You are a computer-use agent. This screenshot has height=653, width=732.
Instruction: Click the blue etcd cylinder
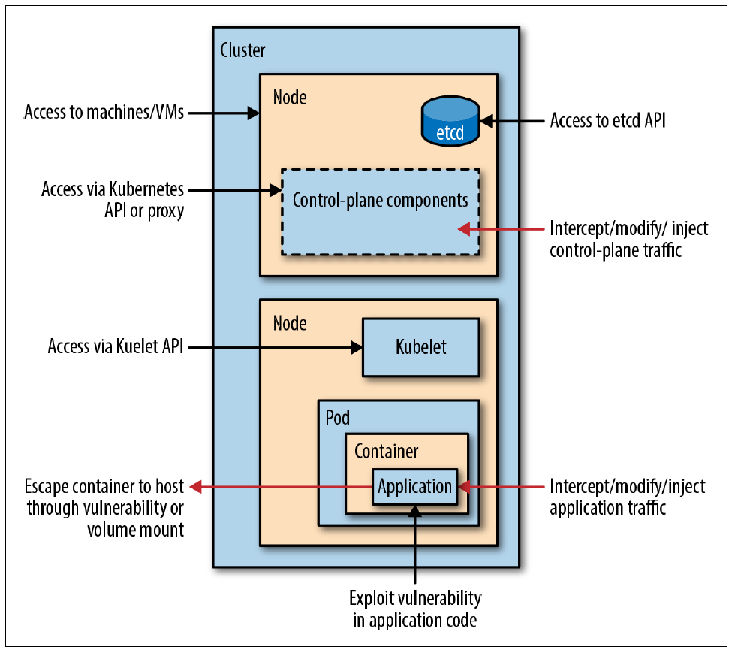coord(450,122)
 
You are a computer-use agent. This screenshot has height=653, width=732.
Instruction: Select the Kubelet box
coord(420,346)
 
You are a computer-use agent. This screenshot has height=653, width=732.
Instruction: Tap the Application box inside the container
coord(414,486)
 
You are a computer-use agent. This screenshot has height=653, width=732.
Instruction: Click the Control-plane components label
coord(380,201)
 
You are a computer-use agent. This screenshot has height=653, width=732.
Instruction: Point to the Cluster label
coord(242,51)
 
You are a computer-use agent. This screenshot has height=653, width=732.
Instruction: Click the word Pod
coord(337,417)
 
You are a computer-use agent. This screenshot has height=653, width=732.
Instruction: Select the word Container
coord(386,451)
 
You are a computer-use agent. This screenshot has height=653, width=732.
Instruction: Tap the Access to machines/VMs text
coord(104,113)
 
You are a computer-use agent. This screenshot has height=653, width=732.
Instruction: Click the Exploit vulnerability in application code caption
coord(415,609)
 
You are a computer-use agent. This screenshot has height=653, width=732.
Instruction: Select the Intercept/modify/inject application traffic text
coord(627,497)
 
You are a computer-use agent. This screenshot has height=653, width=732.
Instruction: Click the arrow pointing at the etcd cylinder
coord(510,120)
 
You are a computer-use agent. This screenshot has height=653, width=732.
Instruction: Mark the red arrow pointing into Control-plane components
coord(502,228)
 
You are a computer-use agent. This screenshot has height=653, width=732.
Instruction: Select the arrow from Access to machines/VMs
coord(223,113)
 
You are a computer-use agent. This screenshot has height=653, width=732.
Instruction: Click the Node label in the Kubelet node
coord(289,323)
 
